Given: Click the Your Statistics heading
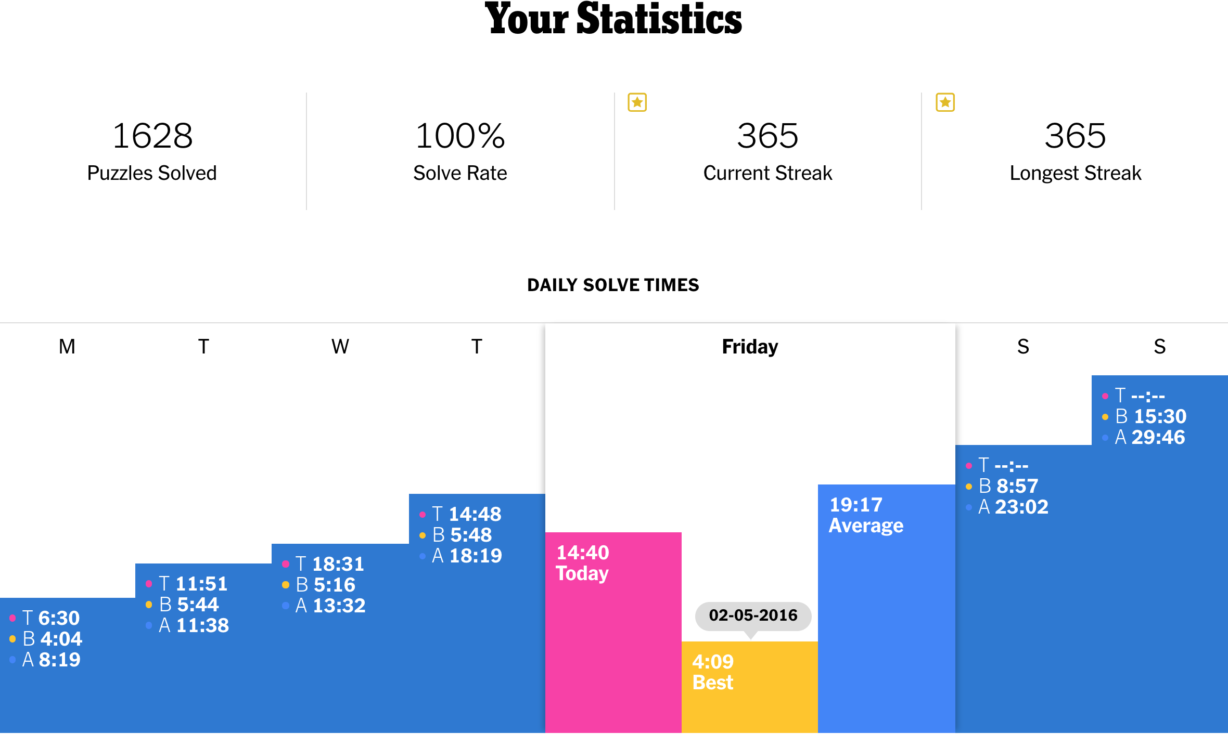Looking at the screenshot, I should click(613, 20).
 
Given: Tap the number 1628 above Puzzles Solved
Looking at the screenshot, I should click(152, 136).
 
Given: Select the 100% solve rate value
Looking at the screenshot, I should click(460, 136).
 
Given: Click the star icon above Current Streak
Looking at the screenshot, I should click(637, 102).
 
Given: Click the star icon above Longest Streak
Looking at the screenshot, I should click(945, 102).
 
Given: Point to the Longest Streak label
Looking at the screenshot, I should click(1075, 173).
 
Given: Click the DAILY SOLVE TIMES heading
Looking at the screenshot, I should click(613, 285).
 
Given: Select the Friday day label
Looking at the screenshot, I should click(750, 347).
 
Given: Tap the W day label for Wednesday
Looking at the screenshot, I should click(340, 347).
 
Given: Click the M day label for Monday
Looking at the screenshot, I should click(67, 347).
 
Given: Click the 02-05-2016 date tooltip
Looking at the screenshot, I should click(752, 615).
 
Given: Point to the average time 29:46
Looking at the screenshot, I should click(1158, 437).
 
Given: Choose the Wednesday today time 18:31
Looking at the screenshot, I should click(338, 564).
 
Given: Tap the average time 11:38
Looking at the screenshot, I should click(202, 625).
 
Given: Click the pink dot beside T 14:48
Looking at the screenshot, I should click(423, 515).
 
